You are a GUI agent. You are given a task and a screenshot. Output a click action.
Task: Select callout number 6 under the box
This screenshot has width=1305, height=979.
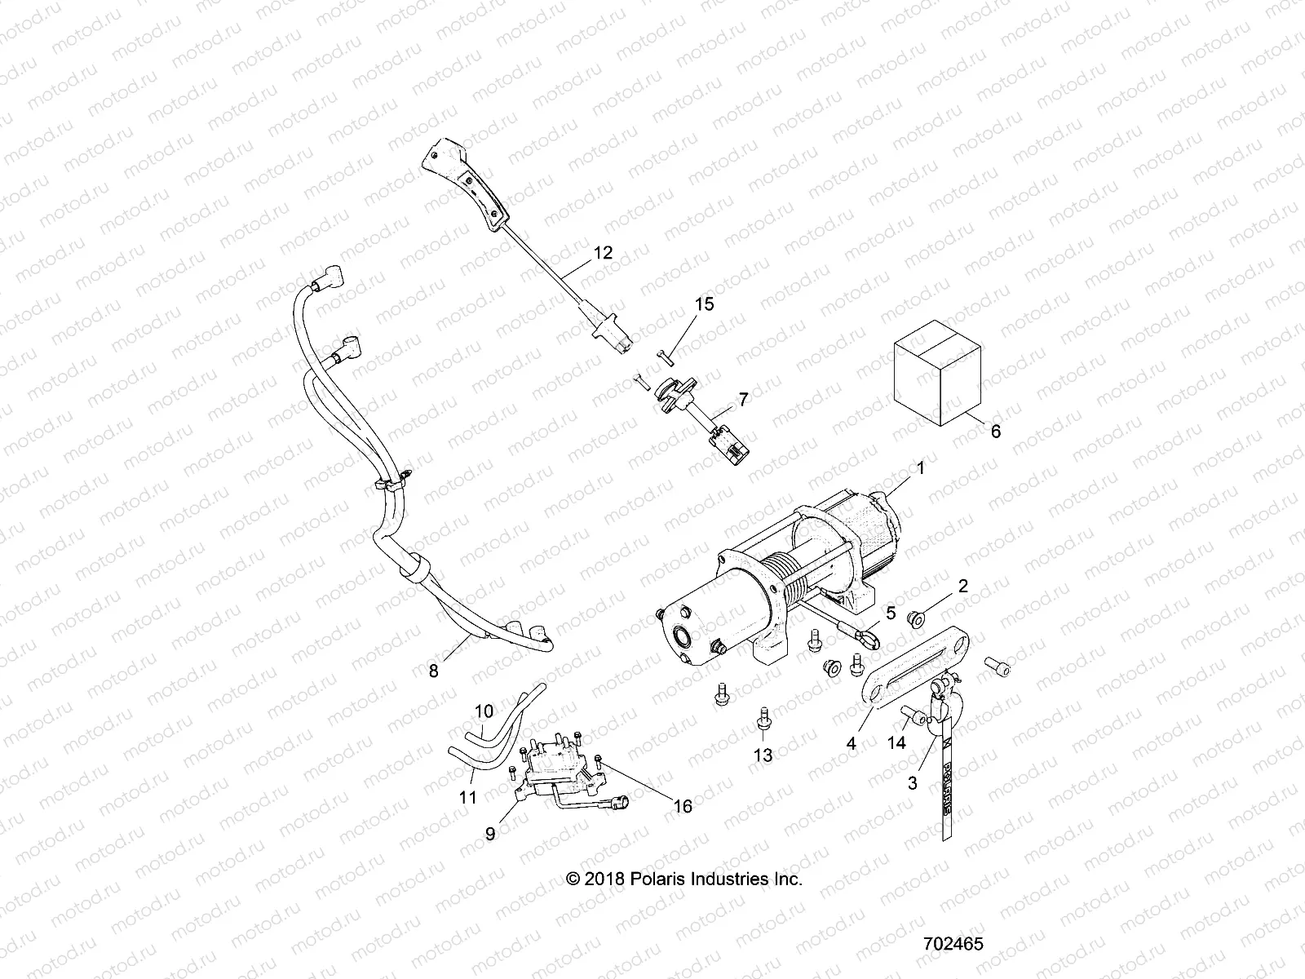pos(995,432)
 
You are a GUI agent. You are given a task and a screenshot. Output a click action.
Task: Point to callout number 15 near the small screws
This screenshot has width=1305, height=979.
pos(704,303)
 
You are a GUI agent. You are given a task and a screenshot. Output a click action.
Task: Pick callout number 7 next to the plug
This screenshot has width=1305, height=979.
pos(743,399)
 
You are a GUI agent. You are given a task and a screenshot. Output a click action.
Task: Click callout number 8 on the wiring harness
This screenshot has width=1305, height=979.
pos(433,671)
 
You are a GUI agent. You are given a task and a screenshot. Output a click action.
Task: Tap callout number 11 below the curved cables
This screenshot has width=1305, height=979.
pos(467,797)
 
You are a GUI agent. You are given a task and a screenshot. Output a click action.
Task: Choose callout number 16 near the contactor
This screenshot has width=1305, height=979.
pos(683,806)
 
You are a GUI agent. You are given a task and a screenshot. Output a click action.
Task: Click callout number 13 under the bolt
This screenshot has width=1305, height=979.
pos(762,755)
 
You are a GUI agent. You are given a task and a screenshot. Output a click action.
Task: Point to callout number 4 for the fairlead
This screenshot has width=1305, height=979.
pos(852,744)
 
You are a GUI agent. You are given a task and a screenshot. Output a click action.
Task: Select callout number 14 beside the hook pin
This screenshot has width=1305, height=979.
pos(897,743)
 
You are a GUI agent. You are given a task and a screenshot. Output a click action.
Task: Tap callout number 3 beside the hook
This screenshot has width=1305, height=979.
pos(912,783)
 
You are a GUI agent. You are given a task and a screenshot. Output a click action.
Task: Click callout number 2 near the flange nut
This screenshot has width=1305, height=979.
pos(962,586)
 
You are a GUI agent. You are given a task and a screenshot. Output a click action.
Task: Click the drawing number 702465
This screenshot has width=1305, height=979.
pos(953,943)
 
